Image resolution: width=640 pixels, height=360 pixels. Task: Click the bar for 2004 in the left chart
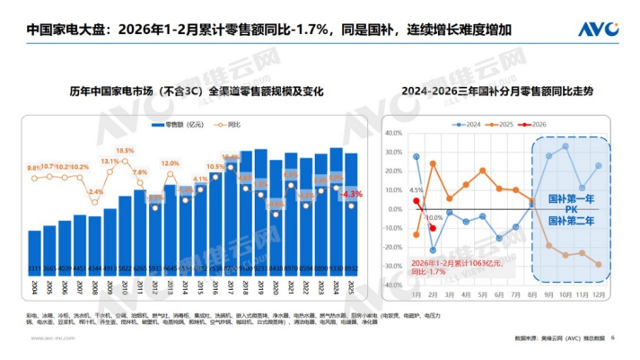[34, 255]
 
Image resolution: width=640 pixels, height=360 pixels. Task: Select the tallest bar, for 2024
[336, 215]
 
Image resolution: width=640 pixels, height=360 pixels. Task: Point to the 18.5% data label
[125, 151]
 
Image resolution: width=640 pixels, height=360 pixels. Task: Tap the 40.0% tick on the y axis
[392, 132]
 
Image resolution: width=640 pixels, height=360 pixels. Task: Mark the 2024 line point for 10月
[565, 146]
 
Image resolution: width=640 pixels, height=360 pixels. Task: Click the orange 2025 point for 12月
[598, 264]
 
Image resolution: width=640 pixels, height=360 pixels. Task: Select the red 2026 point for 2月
[433, 228]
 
